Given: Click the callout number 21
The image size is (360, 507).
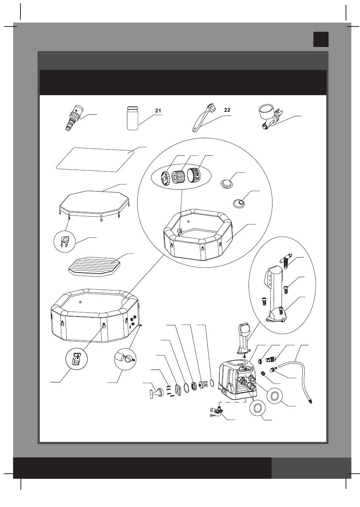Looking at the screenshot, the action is point(158,111).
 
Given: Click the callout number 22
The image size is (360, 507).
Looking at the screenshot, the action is point(227,110).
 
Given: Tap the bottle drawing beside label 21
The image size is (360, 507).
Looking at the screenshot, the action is point(132,118).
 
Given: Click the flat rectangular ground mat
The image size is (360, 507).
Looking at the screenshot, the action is point(95,159).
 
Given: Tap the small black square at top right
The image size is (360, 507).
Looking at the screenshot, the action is point(321,39).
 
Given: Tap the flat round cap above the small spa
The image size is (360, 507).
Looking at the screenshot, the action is point(227,183).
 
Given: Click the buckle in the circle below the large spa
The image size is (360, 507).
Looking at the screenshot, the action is point(76,359).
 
